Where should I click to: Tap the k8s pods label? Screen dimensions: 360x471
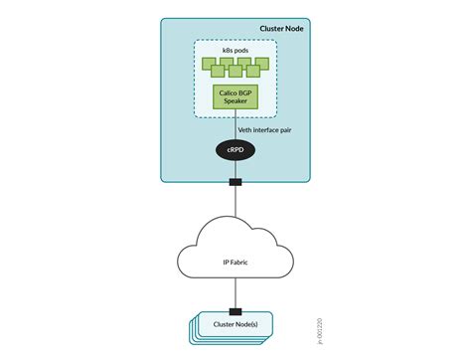click(235, 49)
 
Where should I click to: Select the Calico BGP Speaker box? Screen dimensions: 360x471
click(235, 97)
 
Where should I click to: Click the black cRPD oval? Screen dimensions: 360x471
click(235, 149)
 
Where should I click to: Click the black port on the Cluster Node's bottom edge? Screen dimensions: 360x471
click(235, 182)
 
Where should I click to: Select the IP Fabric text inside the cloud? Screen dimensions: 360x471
click(235, 261)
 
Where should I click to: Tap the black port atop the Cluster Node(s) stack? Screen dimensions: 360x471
click(235, 310)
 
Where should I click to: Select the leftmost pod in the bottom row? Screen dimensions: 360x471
click(218, 71)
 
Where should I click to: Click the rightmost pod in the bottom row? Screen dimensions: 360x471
click(253, 71)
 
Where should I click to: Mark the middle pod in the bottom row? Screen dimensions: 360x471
click(235, 71)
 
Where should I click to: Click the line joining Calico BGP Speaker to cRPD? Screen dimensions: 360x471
click(235, 125)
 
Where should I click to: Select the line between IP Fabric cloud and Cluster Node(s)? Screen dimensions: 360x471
click(235, 296)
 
